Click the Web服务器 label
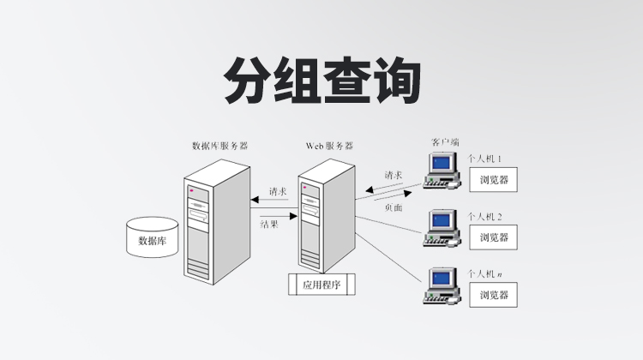[329, 147]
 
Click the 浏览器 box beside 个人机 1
[495, 180]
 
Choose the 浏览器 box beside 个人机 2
[495, 237]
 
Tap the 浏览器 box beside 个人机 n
[495, 295]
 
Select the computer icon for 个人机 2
[443, 228]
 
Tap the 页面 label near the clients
[394, 207]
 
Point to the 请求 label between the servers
[277, 190]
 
